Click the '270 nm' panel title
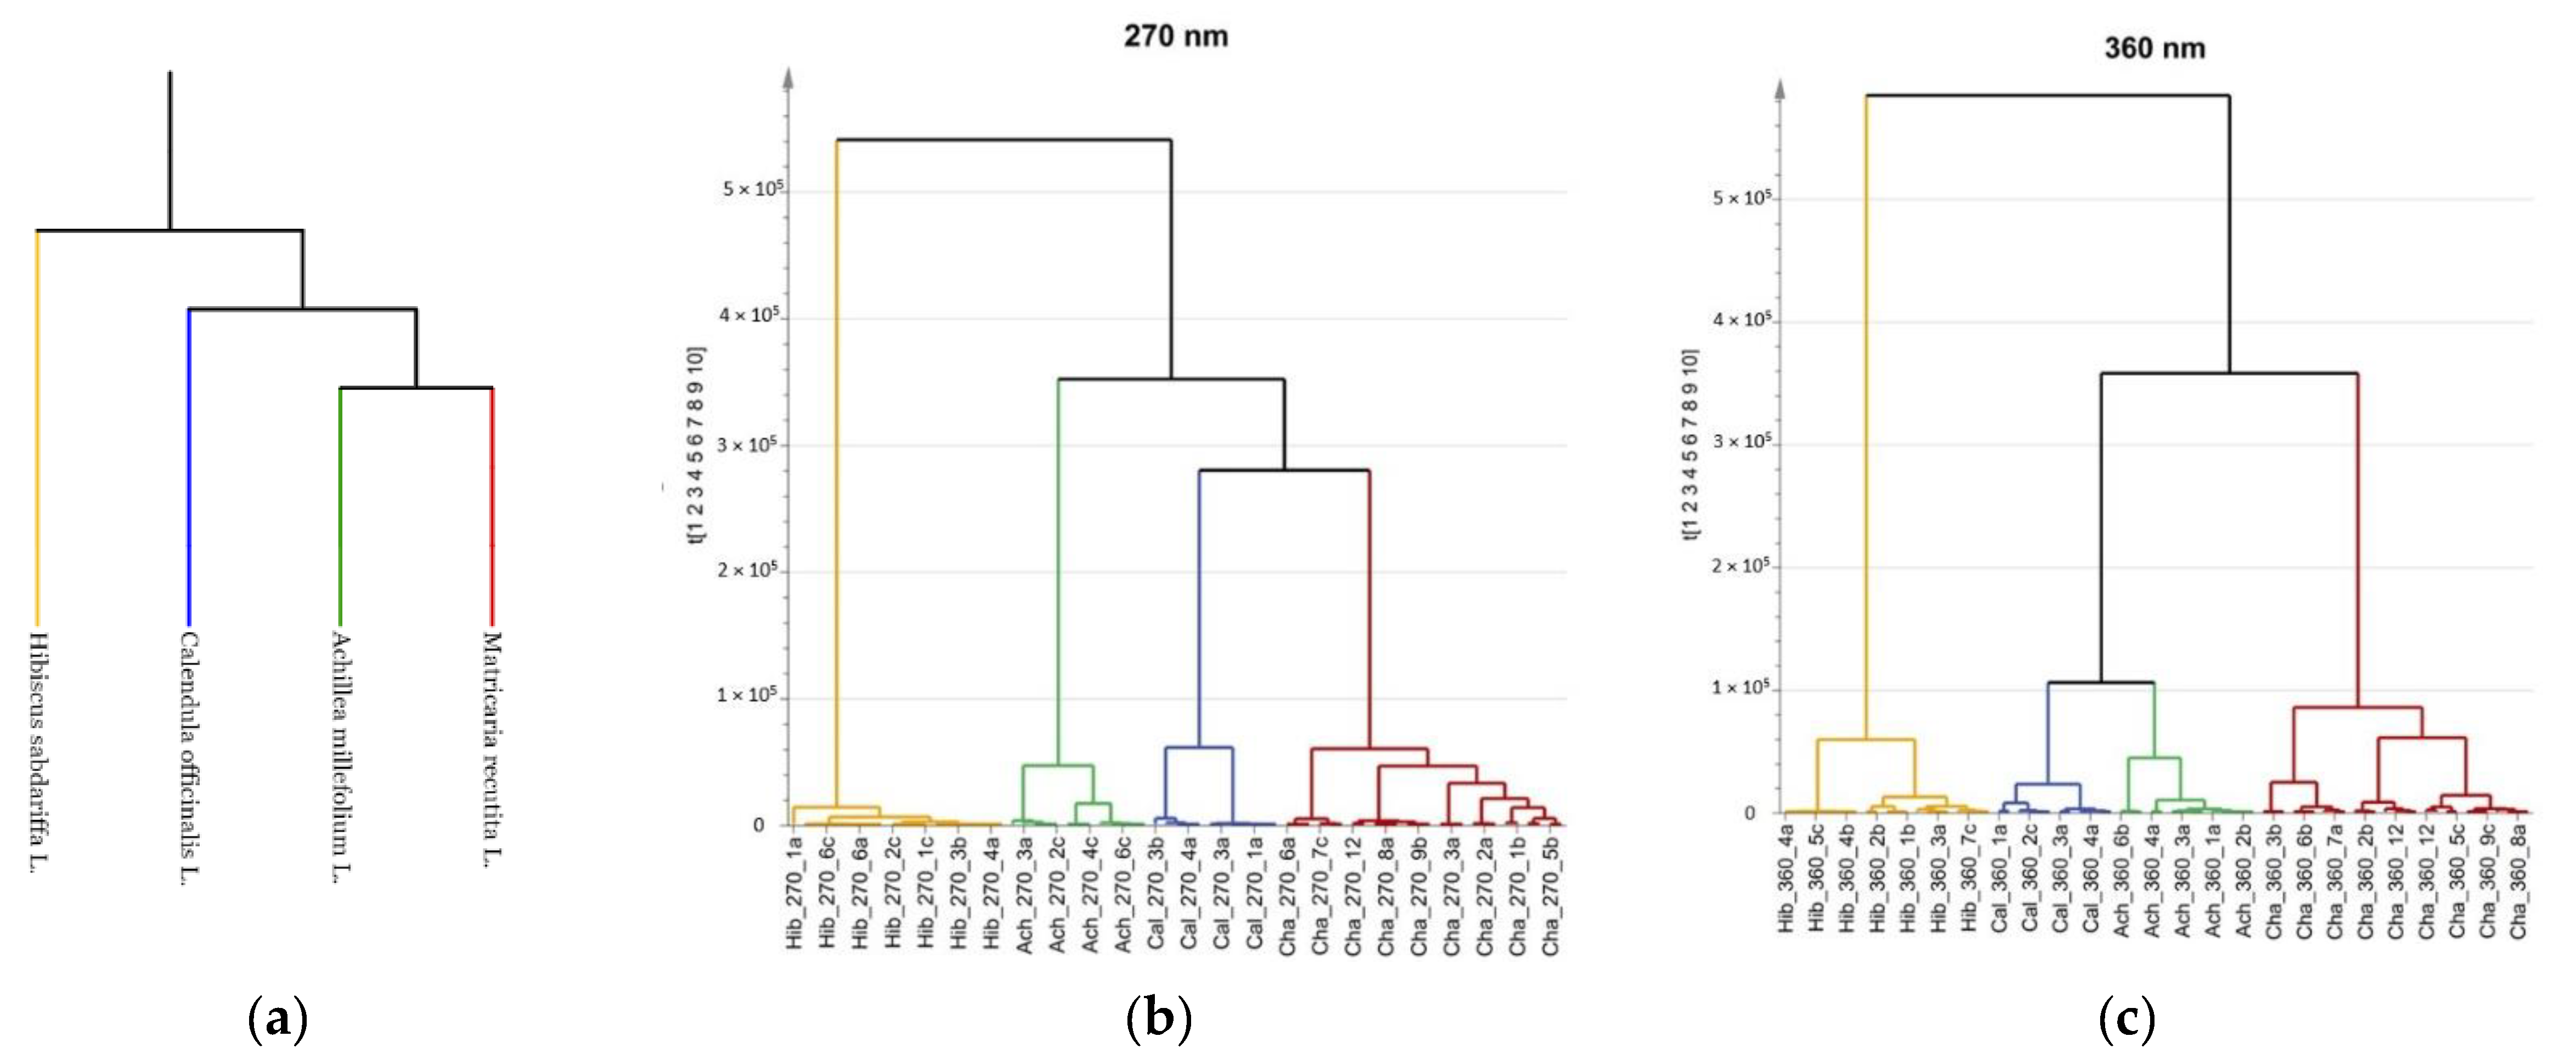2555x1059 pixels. click(1175, 37)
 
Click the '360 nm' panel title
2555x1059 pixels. click(2154, 49)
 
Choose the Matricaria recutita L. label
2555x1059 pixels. click(492, 748)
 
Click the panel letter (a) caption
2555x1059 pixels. click(277, 1018)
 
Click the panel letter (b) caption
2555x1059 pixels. click(1159, 1018)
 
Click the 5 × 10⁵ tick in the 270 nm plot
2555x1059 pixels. click(752, 188)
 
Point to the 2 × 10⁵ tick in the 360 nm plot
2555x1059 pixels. click(1741, 566)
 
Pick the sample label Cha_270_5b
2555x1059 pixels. click(1551, 895)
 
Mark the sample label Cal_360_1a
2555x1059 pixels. click(2000, 882)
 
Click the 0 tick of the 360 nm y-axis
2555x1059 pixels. click(1750, 813)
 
